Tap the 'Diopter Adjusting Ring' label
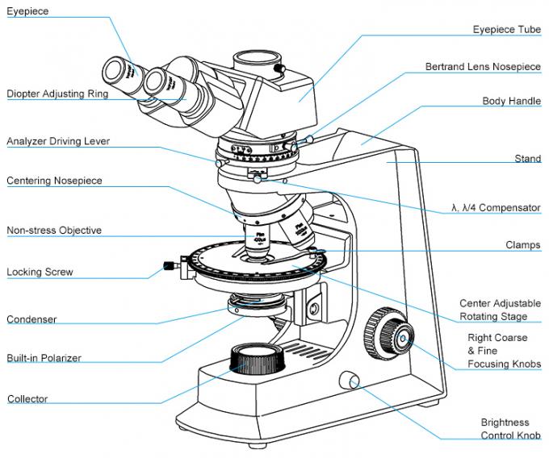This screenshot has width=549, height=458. [x=57, y=94]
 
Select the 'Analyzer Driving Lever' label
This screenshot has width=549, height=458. [x=58, y=141]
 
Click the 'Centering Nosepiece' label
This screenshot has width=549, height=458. [x=54, y=181]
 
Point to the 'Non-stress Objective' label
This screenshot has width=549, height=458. [x=54, y=230]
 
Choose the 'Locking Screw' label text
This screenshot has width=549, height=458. [x=40, y=272]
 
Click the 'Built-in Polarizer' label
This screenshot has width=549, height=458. [x=44, y=357]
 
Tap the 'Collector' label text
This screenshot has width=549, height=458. [x=27, y=398]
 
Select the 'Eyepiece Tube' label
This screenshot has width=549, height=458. [x=506, y=30]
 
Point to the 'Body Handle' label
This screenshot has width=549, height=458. [x=511, y=101]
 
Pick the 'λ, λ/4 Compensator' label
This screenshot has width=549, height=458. [x=496, y=207]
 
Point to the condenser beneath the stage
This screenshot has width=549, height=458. [x=257, y=304]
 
